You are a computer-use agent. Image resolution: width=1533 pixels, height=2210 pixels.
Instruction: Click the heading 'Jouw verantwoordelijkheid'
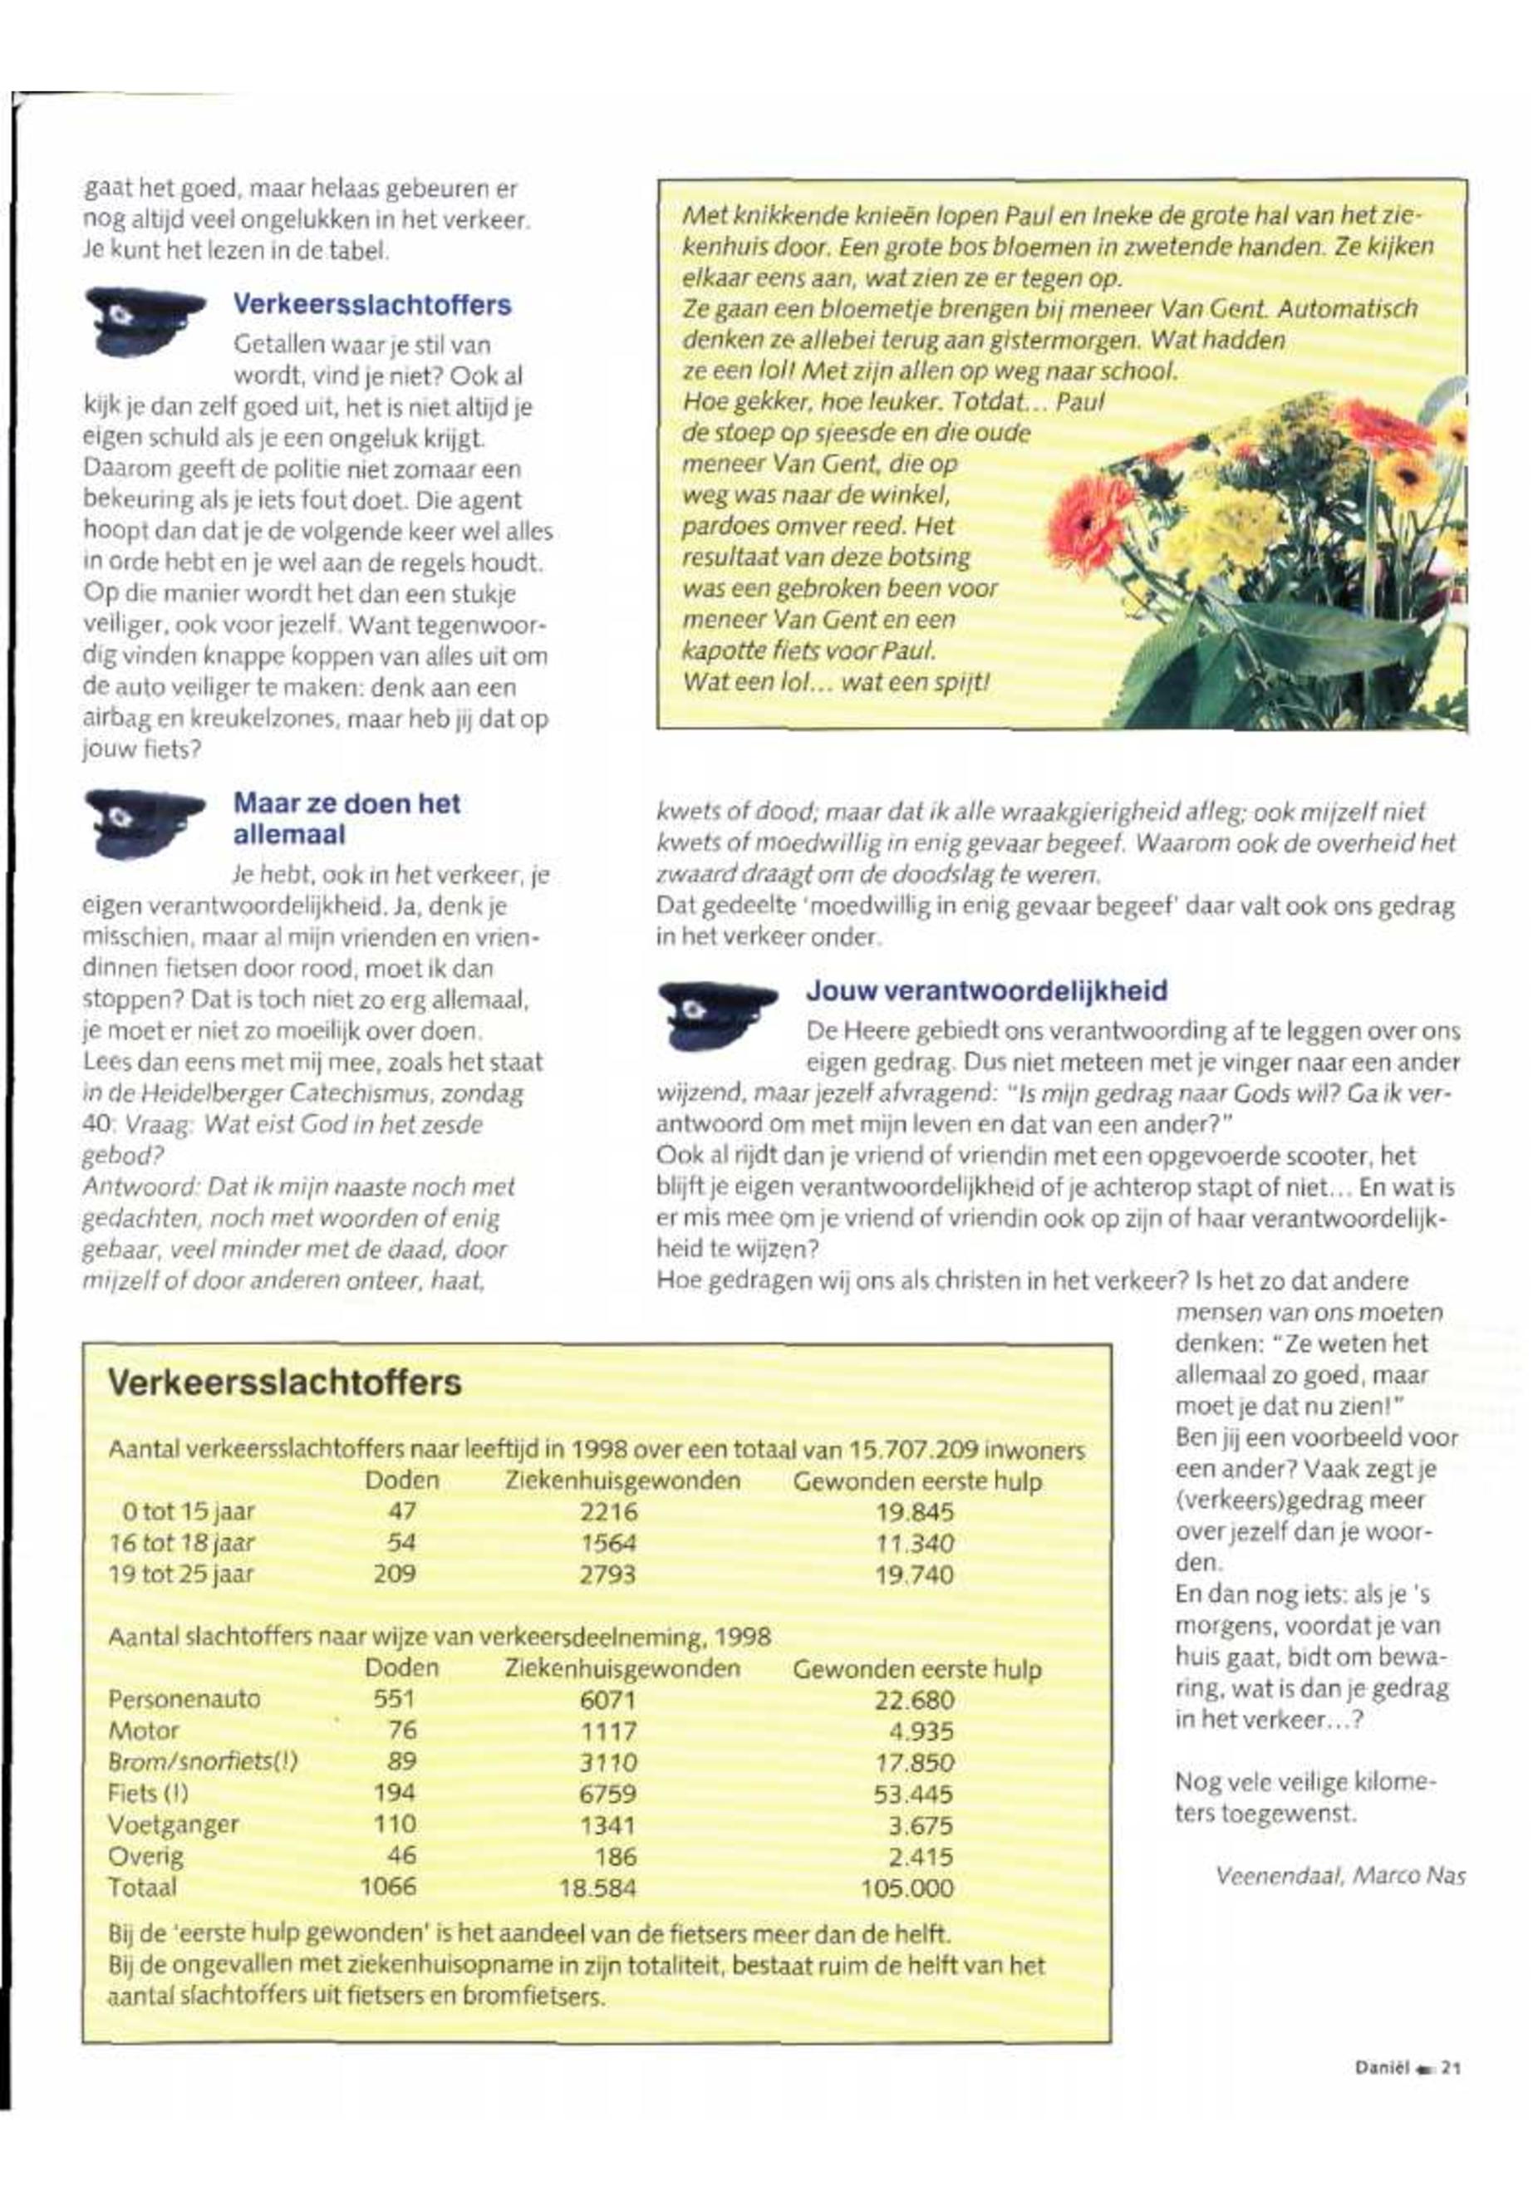pyautogui.click(x=986, y=990)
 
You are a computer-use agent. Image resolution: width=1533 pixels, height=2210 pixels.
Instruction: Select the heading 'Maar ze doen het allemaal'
pyautogui.click(x=346, y=818)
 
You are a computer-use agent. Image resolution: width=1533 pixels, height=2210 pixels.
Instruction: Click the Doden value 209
pyautogui.click(x=394, y=1574)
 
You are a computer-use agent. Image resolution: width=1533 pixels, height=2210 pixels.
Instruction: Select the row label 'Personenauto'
pyautogui.click(x=184, y=1699)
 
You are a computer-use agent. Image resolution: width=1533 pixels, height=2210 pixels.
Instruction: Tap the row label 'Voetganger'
pyautogui.click(x=174, y=1824)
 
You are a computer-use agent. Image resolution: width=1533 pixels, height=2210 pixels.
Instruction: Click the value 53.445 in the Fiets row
pyautogui.click(x=913, y=1793)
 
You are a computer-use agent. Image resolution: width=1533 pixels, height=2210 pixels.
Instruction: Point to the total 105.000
pyautogui.click(x=907, y=1888)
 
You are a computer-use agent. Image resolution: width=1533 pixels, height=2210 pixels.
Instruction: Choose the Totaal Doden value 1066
pyautogui.click(x=388, y=1886)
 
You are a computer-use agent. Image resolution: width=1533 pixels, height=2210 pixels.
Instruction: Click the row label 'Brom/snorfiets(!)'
pyautogui.click(x=203, y=1761)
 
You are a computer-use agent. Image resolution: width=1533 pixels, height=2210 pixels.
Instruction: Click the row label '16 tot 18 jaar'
pyautogui.click(x=184, y=1544)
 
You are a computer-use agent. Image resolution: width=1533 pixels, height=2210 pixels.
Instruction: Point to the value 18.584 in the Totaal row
pyautogui.click(x=597, y=1888)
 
